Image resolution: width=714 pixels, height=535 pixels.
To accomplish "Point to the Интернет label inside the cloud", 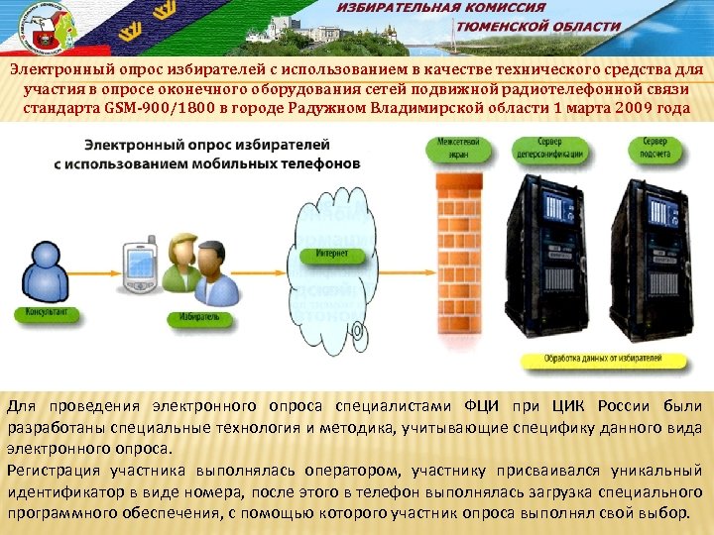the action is (331, 255).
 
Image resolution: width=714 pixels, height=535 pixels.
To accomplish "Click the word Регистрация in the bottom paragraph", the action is (49, 471).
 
